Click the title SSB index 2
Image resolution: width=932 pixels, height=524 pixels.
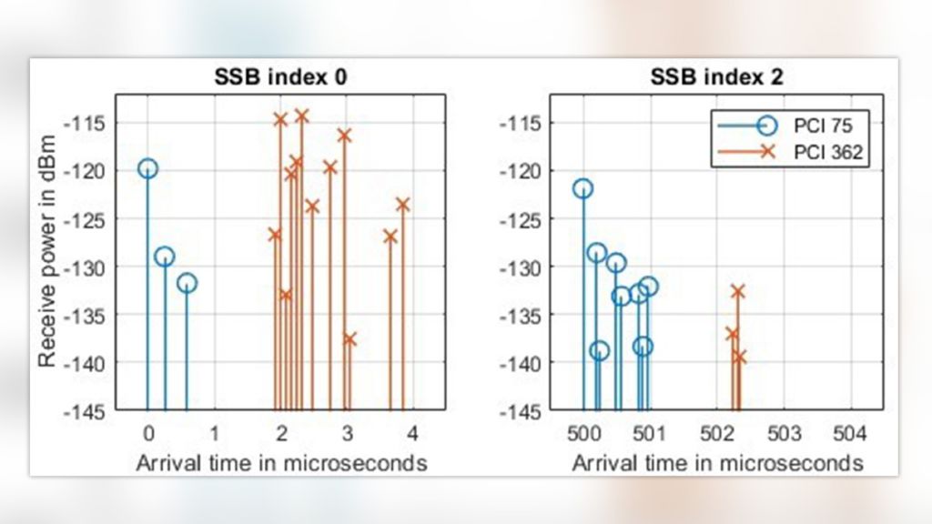(717, 78)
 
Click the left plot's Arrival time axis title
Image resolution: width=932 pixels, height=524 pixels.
(281, 463)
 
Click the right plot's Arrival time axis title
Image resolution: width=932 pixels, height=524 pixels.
(717, 463)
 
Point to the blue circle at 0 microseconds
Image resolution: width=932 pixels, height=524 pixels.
(147, 168)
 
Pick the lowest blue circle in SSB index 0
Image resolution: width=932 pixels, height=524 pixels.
(187, 283)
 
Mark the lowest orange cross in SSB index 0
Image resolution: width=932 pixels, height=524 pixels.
(349, 338)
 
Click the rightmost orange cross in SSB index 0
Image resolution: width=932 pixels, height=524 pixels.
(402, 205)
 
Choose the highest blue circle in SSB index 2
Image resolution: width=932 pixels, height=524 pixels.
(583, 188)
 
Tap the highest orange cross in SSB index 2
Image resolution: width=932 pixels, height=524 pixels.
(737, 291)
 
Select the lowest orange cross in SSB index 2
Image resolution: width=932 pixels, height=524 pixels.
(739, 358)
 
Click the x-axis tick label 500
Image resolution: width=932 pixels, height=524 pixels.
(583, 430)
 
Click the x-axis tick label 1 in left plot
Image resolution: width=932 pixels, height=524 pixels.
(214, 430)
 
